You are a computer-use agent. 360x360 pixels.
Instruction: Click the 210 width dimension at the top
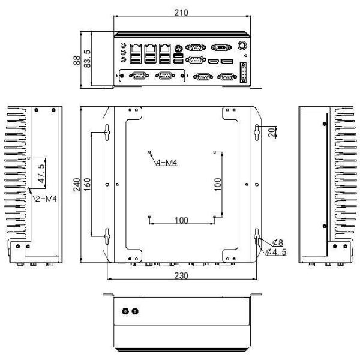tap(181, 13)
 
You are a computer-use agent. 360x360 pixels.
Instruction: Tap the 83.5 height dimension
tap(88, 59)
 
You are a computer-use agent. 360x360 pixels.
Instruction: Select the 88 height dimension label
tap(77, 61)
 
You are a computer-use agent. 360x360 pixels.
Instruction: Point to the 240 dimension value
tap(77, 184)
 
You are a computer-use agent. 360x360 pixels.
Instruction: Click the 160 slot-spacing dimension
tap(87, 184)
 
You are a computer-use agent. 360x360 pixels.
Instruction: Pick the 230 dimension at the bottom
tap(181, 275)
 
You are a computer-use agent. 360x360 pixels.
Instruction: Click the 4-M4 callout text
tap(167, 163)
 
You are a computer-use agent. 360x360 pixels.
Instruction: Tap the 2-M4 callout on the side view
tap(46, 199)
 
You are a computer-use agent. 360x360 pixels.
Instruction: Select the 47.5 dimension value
tap(41, 173)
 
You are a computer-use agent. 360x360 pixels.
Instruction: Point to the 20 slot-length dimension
tap(272, 133)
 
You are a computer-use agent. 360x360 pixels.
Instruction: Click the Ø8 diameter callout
tap(278, 242)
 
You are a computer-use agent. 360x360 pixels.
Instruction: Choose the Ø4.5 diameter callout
tap(277, 252)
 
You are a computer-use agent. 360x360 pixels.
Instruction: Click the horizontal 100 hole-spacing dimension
tap(181, 220)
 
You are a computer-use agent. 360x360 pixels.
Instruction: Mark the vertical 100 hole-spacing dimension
tap(217, 184)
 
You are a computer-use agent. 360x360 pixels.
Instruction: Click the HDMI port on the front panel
tap(214, 61)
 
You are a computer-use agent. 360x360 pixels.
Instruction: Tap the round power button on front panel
tap(242, 45)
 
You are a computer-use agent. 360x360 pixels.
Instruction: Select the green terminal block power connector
tap(243, 73)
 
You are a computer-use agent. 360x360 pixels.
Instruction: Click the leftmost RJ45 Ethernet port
tap(136, 49)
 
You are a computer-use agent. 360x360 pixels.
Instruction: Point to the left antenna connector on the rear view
tap(125, 311)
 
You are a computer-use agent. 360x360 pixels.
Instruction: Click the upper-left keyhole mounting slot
tap(107, 133)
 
